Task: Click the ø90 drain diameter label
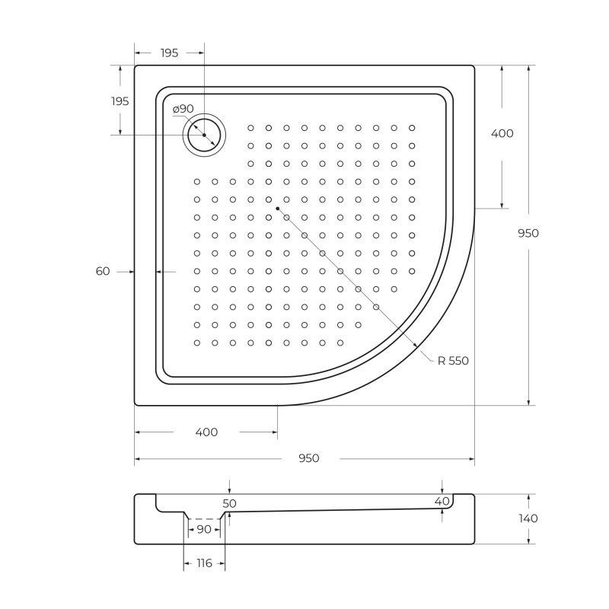click(183, 110)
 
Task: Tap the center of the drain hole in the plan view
click(204, 135)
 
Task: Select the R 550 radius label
click(453, 361)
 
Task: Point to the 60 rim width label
click(103, 271)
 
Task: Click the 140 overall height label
click(528, 518)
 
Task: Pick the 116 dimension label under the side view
click(204, 563)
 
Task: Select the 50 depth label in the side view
click(230, 504)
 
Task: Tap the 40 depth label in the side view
click(442, 502)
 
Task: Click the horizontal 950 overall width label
click(308, 458)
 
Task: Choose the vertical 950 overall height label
click(528, 233)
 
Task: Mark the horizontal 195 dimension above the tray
click(169, 53)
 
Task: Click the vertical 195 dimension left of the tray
click(120, 101)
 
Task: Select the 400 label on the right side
click(502, 133)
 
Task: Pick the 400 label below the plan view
click(206, 432)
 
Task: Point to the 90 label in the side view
click(203, 529)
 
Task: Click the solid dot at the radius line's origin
click(278, 208)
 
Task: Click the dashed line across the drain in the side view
click(203, 518)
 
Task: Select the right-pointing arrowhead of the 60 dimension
click(132, 271)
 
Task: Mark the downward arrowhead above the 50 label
click(230, 491)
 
